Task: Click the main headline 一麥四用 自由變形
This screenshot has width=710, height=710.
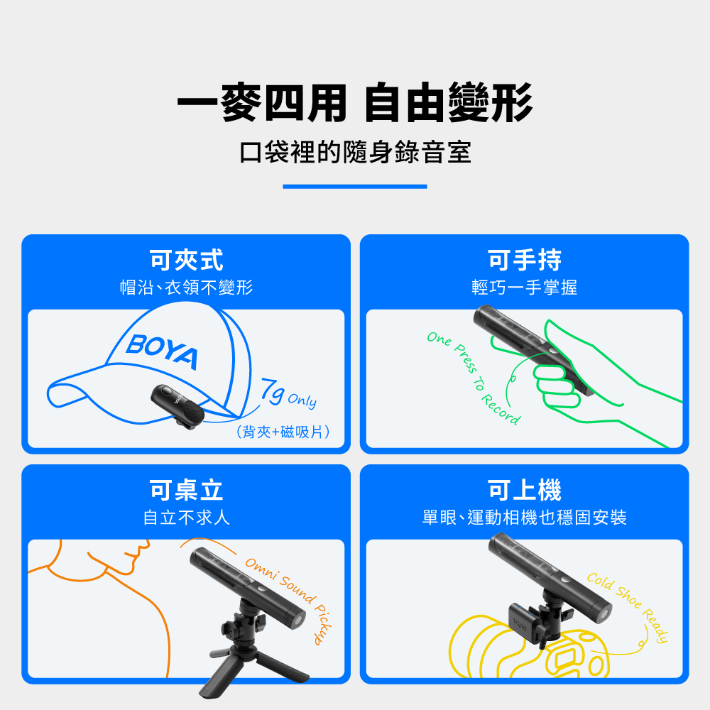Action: [354, 103]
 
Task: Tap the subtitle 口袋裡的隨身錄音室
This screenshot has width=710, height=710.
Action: [355, 152]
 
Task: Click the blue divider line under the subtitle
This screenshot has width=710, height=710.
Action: [355, 187]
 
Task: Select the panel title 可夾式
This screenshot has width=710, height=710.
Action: [186, 260]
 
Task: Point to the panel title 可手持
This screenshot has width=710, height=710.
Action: [525, 260]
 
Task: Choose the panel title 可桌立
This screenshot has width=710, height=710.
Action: [186, 490]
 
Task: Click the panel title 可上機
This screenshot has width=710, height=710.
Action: [525, 490]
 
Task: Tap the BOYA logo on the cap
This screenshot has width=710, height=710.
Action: [162, 351]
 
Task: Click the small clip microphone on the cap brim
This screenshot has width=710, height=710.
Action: [177, 407]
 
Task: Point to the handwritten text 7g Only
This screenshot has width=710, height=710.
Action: [288, 393]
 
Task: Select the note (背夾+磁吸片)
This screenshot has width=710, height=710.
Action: [283, 432]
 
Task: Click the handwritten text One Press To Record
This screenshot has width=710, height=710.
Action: [474, 378]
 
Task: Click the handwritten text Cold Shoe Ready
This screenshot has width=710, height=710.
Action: [628, 607]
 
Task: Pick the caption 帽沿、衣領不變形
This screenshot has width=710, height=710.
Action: [186, 288]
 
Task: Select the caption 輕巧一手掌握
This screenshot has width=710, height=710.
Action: [525, 288]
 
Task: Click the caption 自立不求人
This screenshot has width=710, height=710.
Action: [186, 518]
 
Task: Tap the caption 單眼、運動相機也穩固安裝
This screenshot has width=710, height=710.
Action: [525, 518]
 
